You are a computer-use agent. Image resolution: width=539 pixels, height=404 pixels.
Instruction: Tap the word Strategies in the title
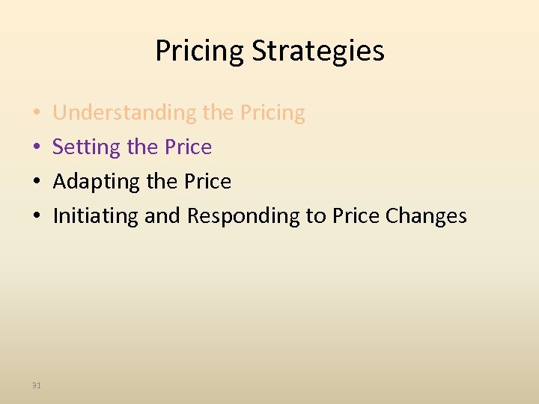click(318, 52)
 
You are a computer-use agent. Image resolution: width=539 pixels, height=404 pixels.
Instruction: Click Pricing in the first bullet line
click(272, 113)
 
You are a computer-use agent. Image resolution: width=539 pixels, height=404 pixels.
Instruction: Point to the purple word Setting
click(86, 147)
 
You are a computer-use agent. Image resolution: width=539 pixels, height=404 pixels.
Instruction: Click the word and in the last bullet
click(162, 216)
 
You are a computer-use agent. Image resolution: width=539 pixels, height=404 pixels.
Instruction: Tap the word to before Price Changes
click(315, 216)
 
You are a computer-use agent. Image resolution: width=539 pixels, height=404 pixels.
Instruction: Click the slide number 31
click(37, 385)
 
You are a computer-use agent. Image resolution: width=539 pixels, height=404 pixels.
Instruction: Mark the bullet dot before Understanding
click(37, 114)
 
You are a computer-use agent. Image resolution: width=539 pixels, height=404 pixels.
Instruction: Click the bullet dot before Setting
click(37, 148)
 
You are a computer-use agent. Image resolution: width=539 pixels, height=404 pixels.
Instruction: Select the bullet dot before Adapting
click(37, 183)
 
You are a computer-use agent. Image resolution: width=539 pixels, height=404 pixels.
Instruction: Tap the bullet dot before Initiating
click(37, 217)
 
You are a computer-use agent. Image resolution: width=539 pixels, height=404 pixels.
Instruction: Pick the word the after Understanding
click(218, 113)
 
